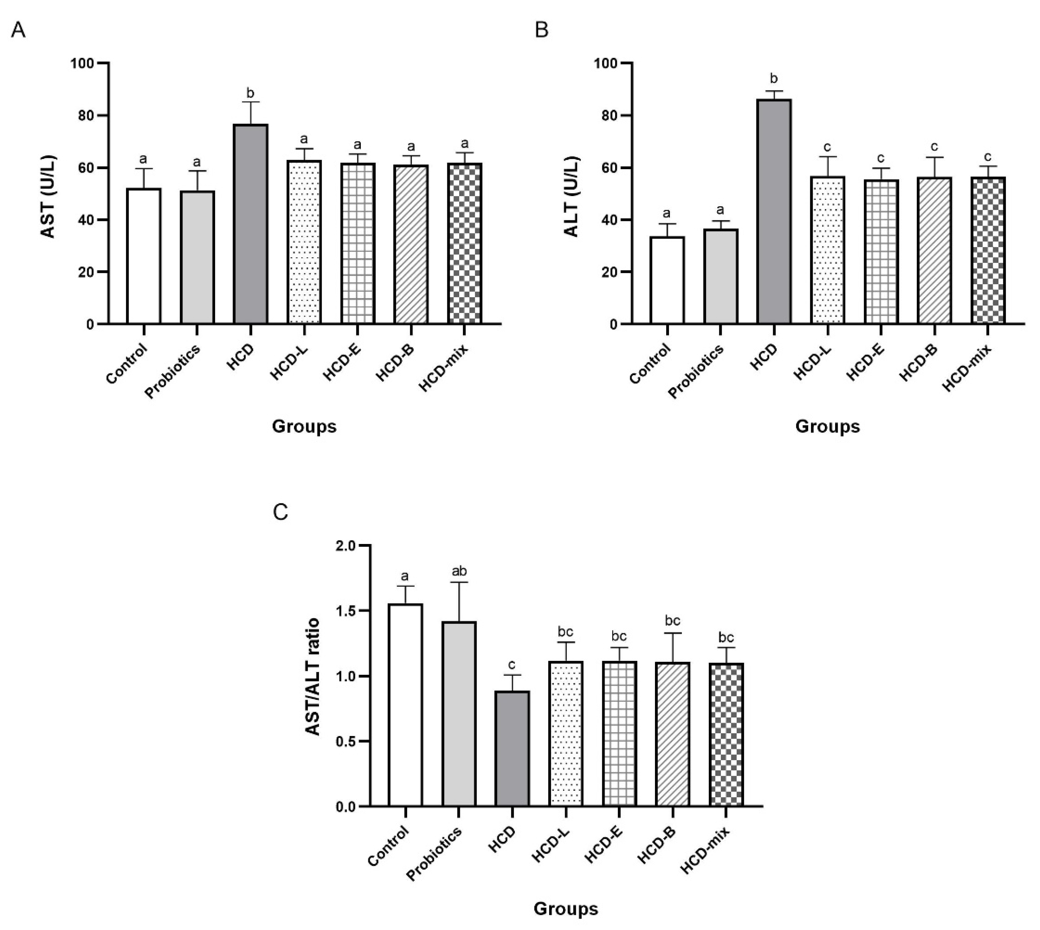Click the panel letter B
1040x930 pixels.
click(x=541, y=30)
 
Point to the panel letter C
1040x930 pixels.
click(x=281, y=512)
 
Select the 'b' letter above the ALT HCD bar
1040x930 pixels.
click(x=774, y=79)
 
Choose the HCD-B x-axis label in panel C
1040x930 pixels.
click(x=657, y=845)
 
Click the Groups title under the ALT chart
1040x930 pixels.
click(x=827, y=426)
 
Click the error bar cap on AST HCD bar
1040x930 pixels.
click(x=251, y=102)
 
